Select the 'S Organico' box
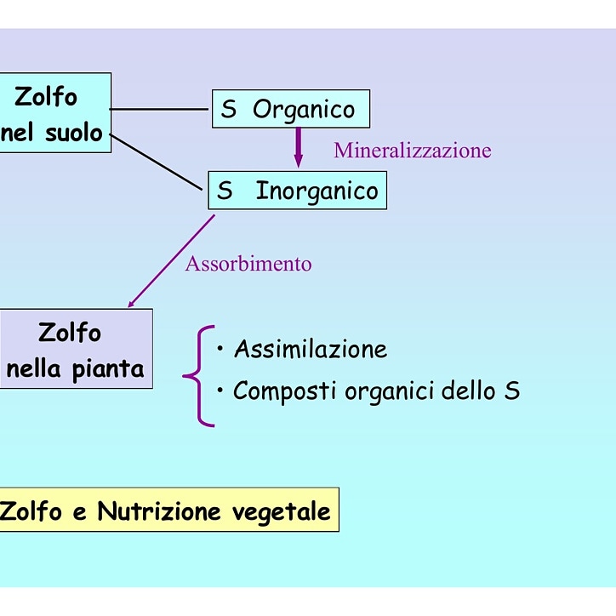click(290, 109)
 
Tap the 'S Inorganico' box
click(297, 191)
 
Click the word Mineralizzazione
click(412, 151)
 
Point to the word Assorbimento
click(248, 264)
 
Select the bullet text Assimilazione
click(311, 349)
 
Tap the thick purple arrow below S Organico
click(298, 146)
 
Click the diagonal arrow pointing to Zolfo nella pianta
click(170, 261)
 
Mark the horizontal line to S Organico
click(161, 109)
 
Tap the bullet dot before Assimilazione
click(220, 349)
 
